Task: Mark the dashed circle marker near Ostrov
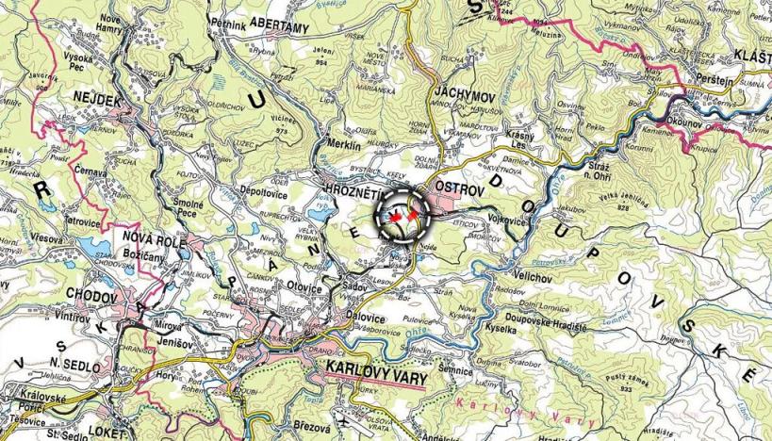[x=404, y=215]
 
